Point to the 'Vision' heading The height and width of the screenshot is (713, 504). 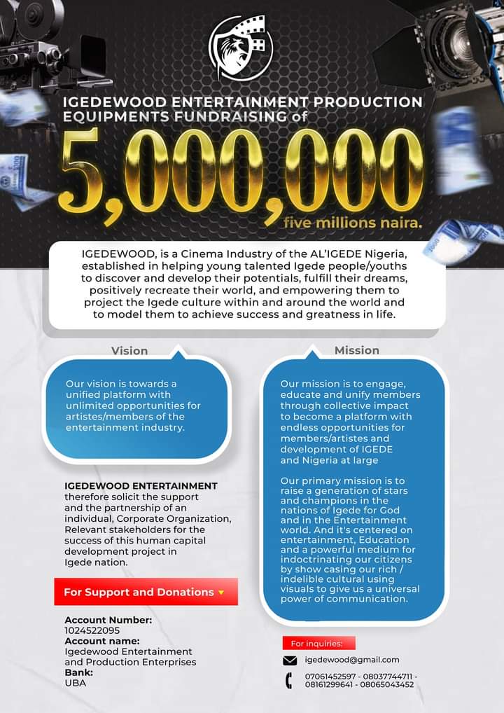pyautogui.click(x=129, y=350)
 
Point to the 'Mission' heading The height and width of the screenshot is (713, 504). pyautogui.click(x=356, y=349)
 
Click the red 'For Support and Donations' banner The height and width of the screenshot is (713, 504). pyautogui.click(x=146, y=592)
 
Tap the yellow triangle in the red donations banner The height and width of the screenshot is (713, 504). pyautogui.click(x=221, y=593)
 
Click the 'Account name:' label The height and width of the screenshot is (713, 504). pyautogui.click(x=102, y=641)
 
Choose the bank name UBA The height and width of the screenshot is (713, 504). pyautogui.click(x=75, y=682)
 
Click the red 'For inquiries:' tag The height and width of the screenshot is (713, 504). pyautogui.click(x=318, y=643)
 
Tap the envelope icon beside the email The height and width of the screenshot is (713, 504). pyautogui.click(x=290, y=660)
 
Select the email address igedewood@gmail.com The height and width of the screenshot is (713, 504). pyautogui.click(x=352, y=660)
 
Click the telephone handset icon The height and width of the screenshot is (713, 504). pyautogui.click(x=288, y=679)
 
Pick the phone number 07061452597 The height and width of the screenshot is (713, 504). pyautogui.click(x=330, y=675)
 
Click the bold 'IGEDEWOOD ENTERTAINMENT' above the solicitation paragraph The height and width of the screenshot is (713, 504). pyautogui.click(x=141, y=485)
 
